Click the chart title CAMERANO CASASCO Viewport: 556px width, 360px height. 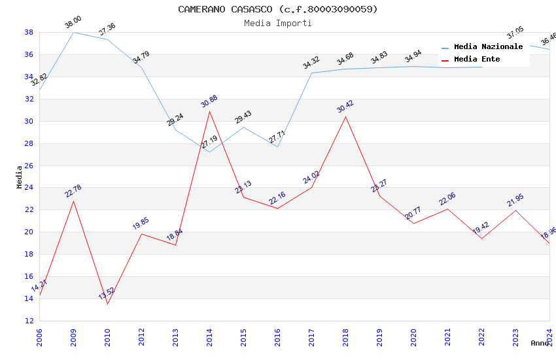(278, 9)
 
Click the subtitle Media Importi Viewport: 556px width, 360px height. (278, 23)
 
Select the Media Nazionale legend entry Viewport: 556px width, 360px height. (488, 47)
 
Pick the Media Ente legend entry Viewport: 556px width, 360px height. (477, 60)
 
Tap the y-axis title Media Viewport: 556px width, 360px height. (20, 177)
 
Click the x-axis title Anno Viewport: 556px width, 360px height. (540, 343)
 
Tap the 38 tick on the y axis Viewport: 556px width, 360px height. (29, 32)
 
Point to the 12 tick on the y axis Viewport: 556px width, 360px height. (29, 321)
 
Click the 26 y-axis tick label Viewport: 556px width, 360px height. (29, 166)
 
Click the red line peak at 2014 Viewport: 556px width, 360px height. (209, 111)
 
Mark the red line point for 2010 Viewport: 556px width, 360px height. (107, 304)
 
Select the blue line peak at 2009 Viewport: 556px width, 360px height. (73, 32)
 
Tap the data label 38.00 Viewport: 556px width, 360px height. (73, 22)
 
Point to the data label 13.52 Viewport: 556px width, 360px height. (107, 293)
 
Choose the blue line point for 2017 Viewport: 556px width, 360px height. (311, 73)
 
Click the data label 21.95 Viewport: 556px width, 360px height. (515, 200)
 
